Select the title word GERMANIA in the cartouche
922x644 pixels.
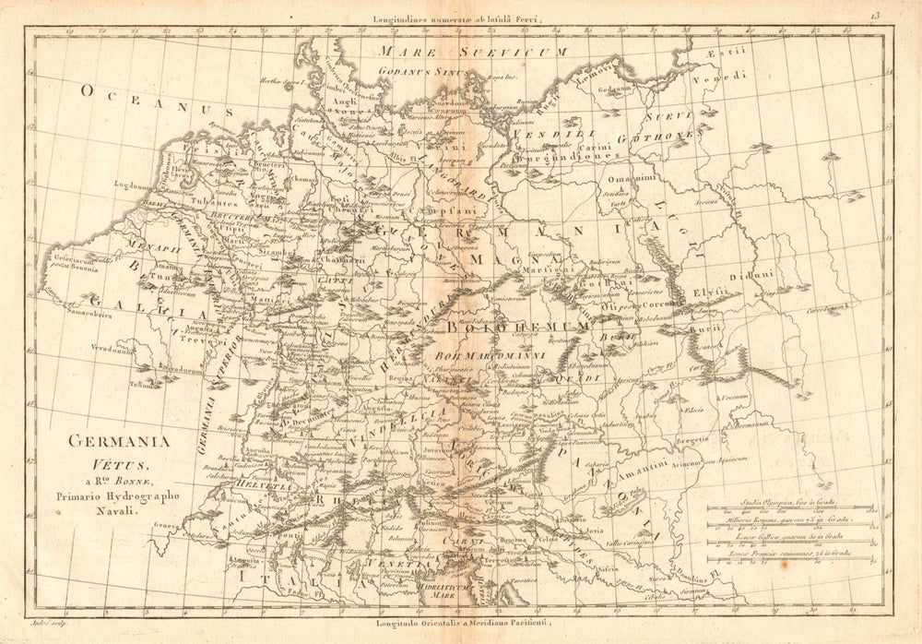pos(121,441)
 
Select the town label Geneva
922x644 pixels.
pos(168,524)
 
